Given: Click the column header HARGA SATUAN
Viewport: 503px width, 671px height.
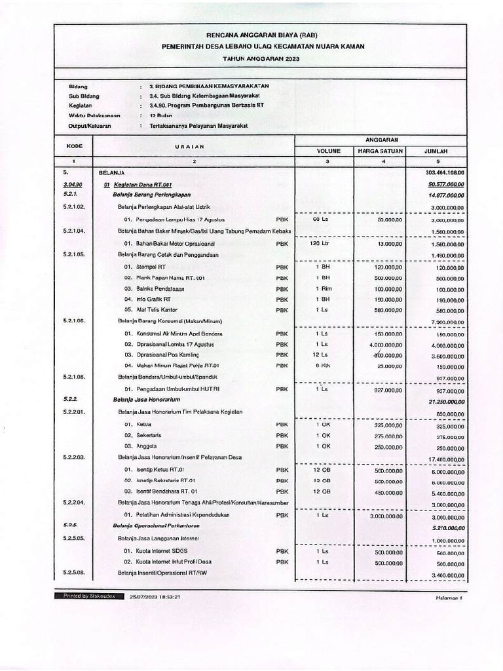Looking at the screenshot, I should [x=379, y=151].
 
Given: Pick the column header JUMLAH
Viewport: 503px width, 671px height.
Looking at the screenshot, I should [x=436, y=151].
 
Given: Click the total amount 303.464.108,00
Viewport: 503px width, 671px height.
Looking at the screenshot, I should [x=444, y=172].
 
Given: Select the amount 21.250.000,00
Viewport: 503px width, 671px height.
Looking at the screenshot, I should [x=442, y=400].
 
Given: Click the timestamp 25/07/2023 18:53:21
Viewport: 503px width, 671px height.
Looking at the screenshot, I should [x=155, y=597].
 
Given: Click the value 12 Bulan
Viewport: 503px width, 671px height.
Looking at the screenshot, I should [x=160, y=115].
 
